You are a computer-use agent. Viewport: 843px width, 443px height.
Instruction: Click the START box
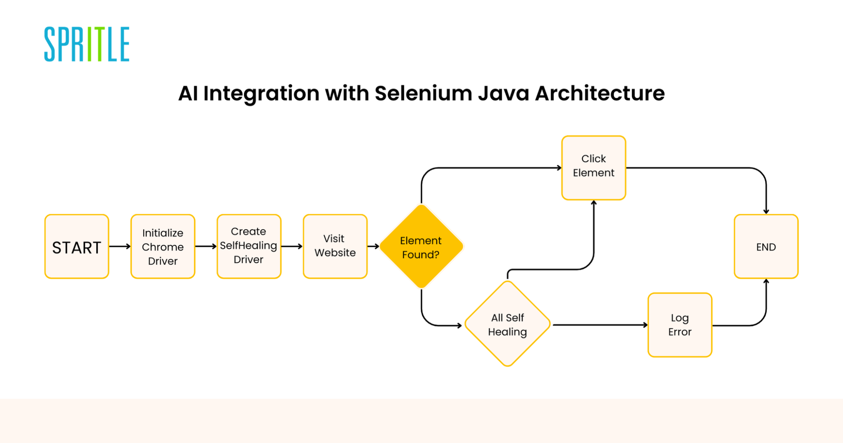pyautogui.click(x=77, y=246)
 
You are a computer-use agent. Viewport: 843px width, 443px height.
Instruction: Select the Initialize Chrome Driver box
pyautogui.click(x=163, y=246)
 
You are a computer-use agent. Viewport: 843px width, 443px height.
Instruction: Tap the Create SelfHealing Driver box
pyautogui.click(x=249, y=246)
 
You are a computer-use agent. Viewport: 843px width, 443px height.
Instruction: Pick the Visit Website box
pyautogui.click(x=335, y=246)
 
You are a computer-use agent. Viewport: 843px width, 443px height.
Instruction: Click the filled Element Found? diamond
pyautogui.click(x=421, y=246)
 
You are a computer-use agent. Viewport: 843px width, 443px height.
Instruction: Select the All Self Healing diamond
pyautogui.click(x=507, y=324)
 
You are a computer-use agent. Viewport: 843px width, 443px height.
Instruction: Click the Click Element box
pyautogui.click(x=593, y=168)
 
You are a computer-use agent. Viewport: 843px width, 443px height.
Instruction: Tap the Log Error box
pyautogui.click(x=680, y=325)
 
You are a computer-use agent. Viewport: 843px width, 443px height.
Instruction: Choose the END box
pyautogui.click(x=766, y=246)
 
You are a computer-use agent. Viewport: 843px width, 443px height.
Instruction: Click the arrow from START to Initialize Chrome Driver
pyautogui.click(x=120, y=246)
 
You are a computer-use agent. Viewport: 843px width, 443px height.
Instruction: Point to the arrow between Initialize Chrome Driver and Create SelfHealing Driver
pyautogui.click(x=206, y=246)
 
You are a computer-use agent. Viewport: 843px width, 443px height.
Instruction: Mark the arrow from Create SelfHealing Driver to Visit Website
pyautogui.click(x=292, y=246)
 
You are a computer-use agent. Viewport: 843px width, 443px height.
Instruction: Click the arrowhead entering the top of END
pyautogui.click(x=766, y=211)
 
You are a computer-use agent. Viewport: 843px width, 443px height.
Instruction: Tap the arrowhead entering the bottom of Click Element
pyautogui.click(x=594, y=203)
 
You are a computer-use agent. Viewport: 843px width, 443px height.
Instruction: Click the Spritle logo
pyautogui.click(x=87, y=44)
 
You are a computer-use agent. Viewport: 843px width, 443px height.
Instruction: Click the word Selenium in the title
pyautogui.click(x=423, y=93)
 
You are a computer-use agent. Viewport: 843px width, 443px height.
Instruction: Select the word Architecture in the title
pyautogui.click(x=600, y=93)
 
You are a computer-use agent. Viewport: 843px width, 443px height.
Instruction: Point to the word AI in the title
pyautogui.click(x=188, y=93)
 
